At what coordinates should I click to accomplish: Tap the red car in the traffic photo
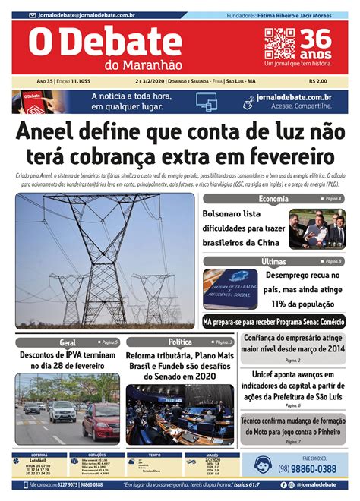101,420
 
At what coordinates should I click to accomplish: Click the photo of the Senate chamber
180,414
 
